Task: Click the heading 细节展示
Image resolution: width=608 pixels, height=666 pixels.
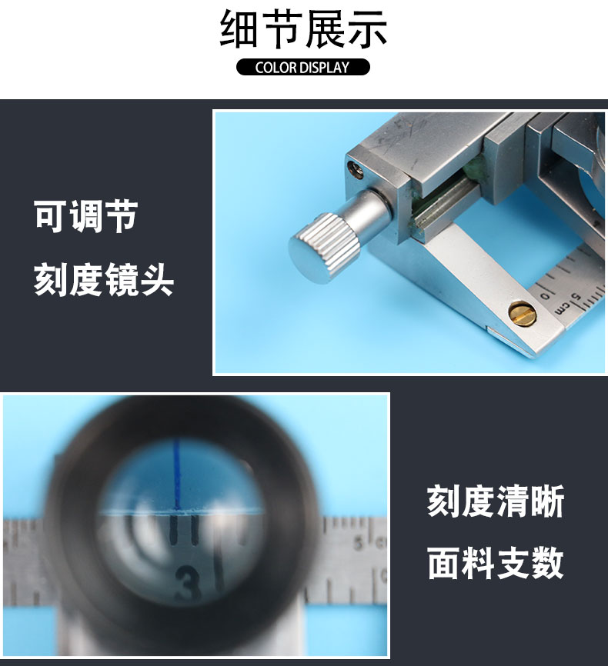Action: [303, 29]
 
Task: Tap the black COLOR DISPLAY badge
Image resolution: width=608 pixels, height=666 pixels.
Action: [303, 67]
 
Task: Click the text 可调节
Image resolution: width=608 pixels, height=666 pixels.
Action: [86, 216]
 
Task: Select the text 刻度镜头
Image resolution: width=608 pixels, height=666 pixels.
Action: [104, 279]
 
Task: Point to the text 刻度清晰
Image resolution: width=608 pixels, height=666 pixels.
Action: [496, 501]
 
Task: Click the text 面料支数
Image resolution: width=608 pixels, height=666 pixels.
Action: [496, 563]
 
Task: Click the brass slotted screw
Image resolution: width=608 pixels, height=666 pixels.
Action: [522, 314]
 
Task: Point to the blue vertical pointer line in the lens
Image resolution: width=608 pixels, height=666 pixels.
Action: [176, 474]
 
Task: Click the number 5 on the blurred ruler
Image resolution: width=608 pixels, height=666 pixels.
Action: [359, 543]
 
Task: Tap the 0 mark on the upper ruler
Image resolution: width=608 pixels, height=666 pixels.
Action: [546, 295]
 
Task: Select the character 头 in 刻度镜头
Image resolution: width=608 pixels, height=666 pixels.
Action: [157, 279]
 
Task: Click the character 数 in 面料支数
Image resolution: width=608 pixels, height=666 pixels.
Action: [548, 563]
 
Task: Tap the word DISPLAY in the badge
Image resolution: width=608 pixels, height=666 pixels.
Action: [325, 68]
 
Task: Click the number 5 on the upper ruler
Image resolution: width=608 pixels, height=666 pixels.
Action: [577, 297]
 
